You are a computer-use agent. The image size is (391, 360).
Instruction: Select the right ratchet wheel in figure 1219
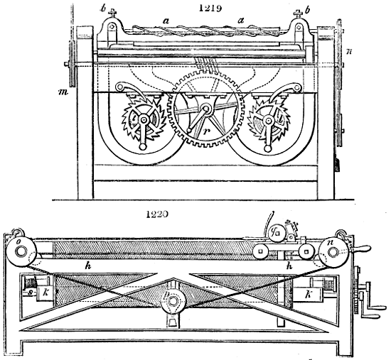point(269,122)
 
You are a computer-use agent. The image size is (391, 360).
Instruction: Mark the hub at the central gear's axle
point(206,109)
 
